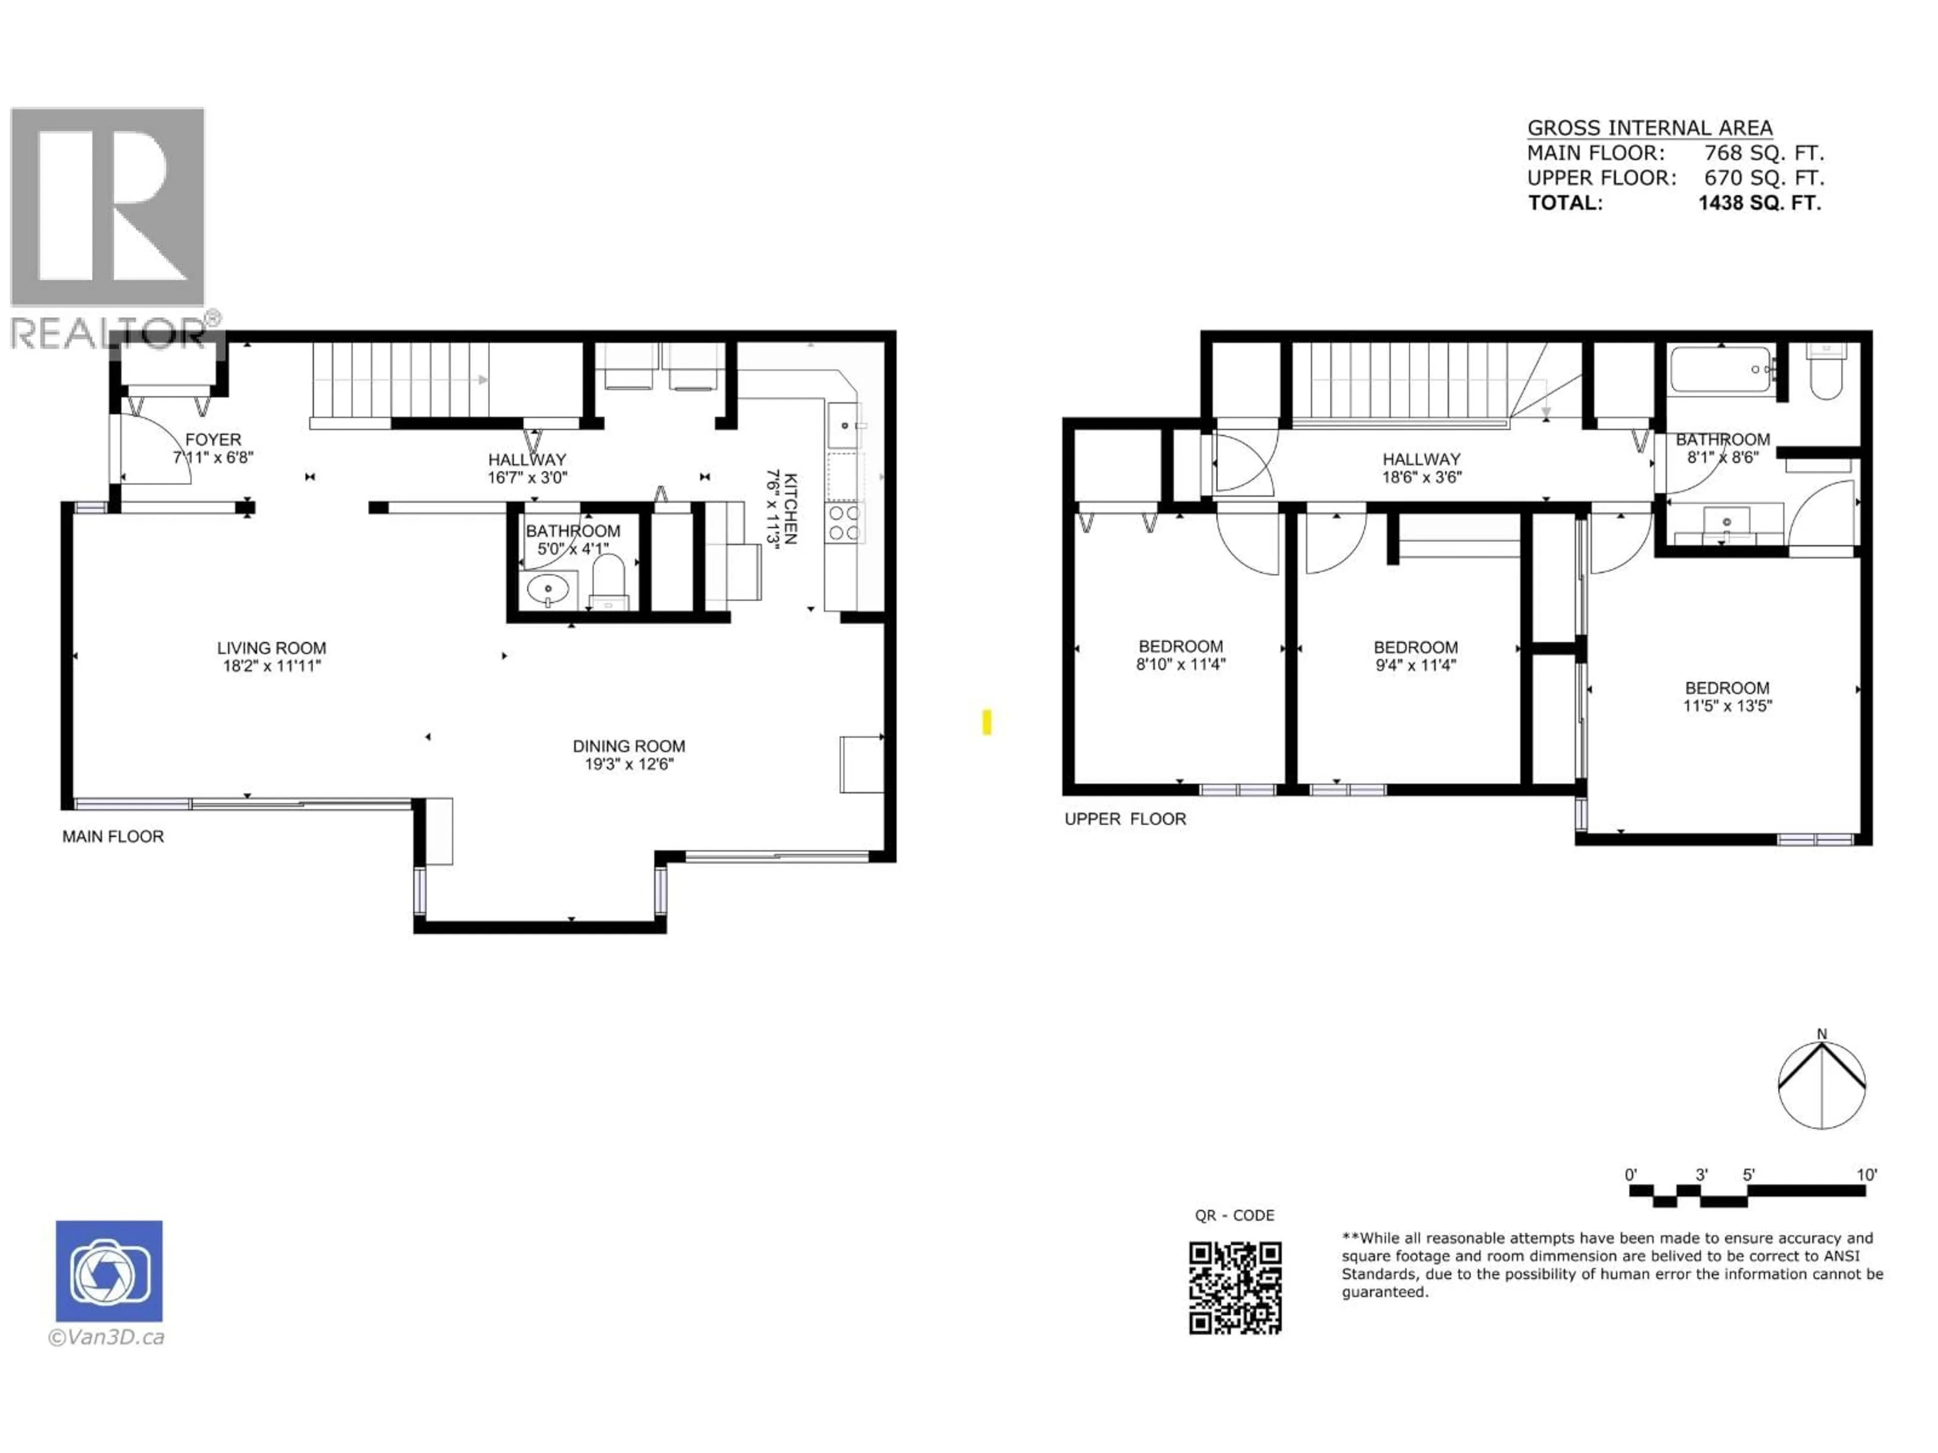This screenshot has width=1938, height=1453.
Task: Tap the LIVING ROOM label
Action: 272,649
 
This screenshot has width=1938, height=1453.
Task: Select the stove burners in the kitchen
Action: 844,523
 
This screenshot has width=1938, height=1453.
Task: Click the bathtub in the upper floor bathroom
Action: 1719,370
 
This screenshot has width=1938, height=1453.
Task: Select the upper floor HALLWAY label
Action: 1421,460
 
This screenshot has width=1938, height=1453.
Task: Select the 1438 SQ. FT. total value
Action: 1759,203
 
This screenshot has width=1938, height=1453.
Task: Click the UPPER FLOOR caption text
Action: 1125,819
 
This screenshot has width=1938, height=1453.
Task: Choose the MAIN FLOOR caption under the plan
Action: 113,836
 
